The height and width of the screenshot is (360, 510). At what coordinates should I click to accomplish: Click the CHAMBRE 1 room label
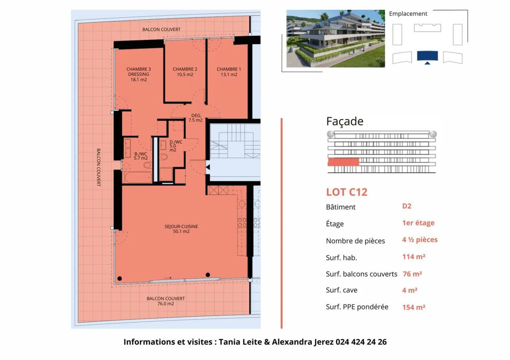[229, 72]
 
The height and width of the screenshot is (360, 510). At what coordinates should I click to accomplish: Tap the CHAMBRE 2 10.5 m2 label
[185, 72]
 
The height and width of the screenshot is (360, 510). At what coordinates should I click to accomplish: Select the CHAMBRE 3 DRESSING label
[138, 74]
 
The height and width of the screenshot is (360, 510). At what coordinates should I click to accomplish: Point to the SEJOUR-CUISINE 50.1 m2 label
[181, 229]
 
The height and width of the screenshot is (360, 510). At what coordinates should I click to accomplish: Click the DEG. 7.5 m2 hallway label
[195, 118]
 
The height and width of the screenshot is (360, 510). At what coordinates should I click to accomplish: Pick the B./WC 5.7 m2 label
[141, 156]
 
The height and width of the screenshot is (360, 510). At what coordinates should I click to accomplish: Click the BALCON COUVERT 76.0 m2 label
[165, 301]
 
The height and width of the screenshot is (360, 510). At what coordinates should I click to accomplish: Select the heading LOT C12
[347, 192]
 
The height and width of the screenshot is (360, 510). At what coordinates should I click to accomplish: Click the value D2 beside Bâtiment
[407, 206]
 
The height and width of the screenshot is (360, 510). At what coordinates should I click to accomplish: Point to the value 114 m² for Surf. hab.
[414, 257]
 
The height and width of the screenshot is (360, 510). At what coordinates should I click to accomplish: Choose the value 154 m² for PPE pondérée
[414, 307]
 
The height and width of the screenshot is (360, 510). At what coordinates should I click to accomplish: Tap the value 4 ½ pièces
[420, 240]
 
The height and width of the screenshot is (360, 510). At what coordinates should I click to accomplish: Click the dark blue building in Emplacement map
[427, 56]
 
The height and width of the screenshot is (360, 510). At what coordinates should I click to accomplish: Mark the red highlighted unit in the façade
[343, 162]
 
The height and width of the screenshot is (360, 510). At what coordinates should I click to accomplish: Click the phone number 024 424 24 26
[361, 342]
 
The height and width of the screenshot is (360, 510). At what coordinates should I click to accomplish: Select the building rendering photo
[335, 39]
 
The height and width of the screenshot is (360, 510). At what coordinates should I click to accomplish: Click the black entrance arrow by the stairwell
[208, 167]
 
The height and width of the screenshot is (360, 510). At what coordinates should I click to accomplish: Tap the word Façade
[345, 121]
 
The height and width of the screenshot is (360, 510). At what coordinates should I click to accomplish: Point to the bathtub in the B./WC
[137, 177]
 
